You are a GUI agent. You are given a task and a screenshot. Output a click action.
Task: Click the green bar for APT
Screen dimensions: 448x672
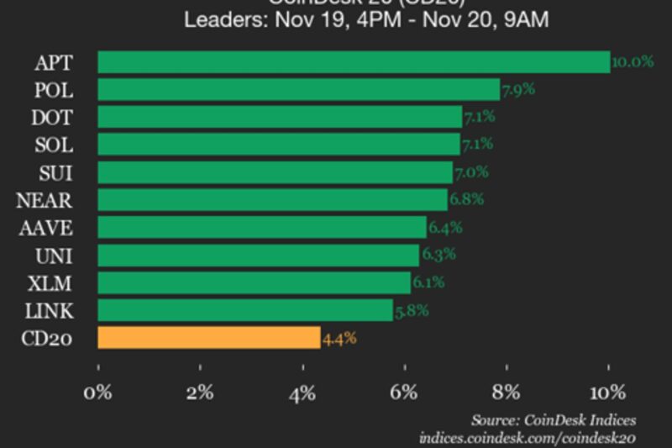click(354, 62)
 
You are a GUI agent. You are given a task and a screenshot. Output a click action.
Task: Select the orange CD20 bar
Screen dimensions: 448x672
click(209, 338)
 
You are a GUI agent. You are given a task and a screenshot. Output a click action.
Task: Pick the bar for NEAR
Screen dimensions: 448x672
click(273, 200)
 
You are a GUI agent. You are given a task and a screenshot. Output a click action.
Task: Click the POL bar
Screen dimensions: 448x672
click(299, 90)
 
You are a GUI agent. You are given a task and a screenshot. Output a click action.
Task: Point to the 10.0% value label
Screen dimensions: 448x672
click(633, 62)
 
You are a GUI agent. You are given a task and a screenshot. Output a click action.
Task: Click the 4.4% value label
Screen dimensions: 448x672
click(340, 338)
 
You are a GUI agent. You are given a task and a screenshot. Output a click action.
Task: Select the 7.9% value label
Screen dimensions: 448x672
click(518, 89)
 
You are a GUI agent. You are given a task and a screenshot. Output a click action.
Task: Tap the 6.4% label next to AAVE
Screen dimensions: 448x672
click(445, 228)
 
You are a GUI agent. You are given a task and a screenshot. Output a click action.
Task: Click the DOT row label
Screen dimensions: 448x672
click(52, 118)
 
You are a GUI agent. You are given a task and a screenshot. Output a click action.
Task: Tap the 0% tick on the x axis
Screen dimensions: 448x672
click(98, 393)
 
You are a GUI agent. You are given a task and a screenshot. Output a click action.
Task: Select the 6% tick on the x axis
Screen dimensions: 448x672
click(404, 393)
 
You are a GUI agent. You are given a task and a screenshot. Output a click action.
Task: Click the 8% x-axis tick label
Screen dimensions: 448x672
click(507, 393)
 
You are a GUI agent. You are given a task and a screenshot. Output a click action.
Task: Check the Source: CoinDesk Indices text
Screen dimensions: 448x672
click(553, 419)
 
